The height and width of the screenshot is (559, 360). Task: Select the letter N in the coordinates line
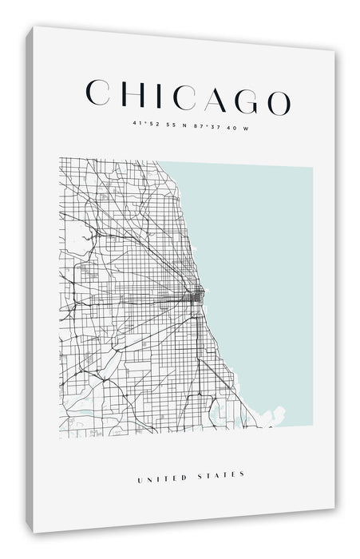185,124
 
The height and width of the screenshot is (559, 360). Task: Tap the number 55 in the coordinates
171,124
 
